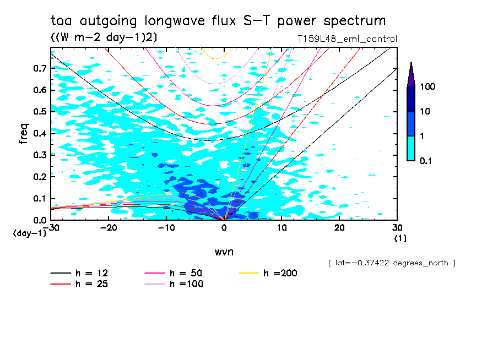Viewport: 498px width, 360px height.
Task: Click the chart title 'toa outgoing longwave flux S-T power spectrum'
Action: point(218,21)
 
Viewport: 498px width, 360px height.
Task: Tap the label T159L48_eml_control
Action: point(347,39)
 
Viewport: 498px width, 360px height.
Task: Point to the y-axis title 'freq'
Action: point(23,134)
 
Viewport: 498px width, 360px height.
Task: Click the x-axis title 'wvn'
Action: point(224,252)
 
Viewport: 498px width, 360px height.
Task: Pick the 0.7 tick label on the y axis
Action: point(39,69)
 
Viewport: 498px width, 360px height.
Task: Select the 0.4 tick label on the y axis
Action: point(39,134)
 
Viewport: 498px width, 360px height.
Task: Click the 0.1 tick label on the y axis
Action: point(39,199)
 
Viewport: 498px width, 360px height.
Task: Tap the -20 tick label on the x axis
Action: point(109,227)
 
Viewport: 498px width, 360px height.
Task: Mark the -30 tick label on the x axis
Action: point(51,227)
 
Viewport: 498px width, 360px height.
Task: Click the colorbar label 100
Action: point(429,87)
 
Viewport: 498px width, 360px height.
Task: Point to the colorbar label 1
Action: point(424,136)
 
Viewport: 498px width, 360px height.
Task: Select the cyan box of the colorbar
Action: point(411,148)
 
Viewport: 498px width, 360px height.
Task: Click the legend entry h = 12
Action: point(80,273)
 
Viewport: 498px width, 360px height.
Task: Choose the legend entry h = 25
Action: point(80,284)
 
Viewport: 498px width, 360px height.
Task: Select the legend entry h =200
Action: point(269,273)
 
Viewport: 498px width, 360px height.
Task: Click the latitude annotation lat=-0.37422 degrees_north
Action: point(391,263)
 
